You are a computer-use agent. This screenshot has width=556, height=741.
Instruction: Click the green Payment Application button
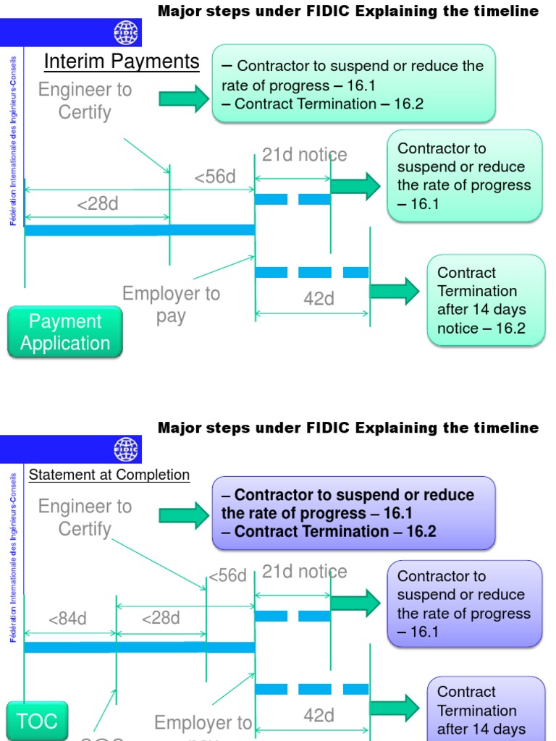(x=65, y=332)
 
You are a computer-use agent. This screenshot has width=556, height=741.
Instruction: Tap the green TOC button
(x=36, y=721)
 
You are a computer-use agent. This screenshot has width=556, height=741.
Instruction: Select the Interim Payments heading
(x=122, y=62)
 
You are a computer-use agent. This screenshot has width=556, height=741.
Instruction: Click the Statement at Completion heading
(x=109, y=475)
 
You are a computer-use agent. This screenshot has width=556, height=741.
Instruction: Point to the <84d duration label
(x=67, y=619)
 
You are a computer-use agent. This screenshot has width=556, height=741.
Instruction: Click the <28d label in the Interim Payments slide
(x=98, y=204)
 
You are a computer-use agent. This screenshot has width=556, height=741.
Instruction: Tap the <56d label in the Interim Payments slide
(x=215, y=177)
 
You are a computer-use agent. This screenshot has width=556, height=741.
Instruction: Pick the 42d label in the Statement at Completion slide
(x=319, y=716)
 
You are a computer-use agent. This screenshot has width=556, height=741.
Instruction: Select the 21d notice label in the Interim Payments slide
(x=304, y=155)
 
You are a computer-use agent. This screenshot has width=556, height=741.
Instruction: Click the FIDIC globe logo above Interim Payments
(x=127, y=33)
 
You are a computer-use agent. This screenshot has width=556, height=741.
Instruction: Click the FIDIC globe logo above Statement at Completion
(x=127, y=449)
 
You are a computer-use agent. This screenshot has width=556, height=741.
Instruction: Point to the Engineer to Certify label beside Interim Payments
(x=85, y=101)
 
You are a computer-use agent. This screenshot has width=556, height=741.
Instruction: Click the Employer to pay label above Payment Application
(x=171, y=305)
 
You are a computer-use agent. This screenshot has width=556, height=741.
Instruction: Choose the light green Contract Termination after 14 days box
(x=486, y=300)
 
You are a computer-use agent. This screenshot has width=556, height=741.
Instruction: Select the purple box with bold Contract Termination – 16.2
(x=353, y=513)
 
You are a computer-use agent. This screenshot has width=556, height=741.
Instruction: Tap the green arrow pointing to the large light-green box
(x=184, y=98)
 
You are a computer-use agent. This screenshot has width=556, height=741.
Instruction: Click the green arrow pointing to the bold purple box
(x=184, y=515)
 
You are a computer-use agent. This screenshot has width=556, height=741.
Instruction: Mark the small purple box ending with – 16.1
(x=465, y=604)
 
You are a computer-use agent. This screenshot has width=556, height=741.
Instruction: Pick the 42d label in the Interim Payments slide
(x=319, y=299)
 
